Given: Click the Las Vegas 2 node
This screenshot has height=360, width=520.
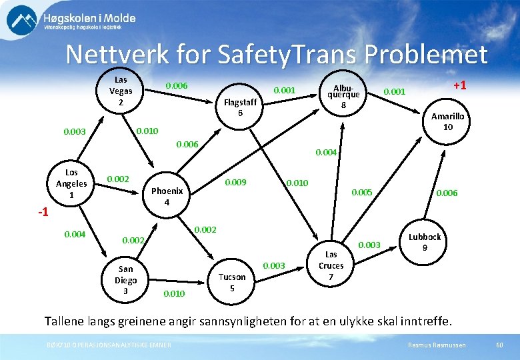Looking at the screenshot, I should pos(121,91).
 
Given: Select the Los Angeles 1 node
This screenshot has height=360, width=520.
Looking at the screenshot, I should pos(71,183).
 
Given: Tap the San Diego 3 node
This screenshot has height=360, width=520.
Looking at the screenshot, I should pos(125,280).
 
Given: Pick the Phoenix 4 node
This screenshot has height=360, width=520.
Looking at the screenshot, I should pos(167,196).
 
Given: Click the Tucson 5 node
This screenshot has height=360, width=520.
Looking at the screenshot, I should pos(232,282).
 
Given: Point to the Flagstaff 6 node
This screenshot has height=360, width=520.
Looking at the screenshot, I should pos(240,107).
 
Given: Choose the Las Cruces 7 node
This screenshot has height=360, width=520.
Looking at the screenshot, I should pos(331,265).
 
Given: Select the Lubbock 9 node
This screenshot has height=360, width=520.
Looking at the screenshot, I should pos(425,242).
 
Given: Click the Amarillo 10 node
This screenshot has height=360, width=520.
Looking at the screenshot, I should pos(447,121).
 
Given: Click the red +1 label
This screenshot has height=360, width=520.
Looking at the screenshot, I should pos(459,85).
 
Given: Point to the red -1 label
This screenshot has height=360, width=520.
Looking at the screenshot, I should pos(43,213).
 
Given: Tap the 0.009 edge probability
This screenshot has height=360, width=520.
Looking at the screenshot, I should pos(235,182).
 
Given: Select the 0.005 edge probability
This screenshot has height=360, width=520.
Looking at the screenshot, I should pos(363,193).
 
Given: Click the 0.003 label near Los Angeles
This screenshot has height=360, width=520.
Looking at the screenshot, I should pos(74,131).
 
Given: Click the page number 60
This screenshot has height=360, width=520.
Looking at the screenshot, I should pos(500,344).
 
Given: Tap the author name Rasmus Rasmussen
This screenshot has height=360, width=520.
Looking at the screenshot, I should pos(436,344).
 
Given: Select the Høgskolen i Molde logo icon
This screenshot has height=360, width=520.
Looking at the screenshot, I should pos(22,19).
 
